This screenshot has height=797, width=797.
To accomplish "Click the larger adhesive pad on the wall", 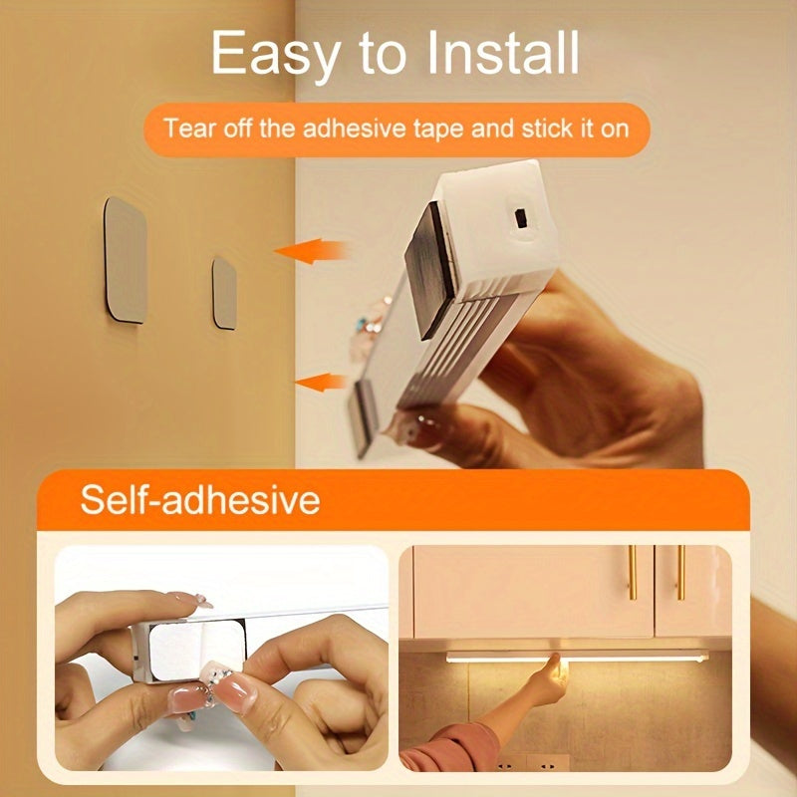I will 126,259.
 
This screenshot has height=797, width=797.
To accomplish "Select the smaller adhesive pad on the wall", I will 225,293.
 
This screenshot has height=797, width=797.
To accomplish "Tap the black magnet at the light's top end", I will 430,253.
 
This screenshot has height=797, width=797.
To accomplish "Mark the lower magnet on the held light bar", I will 365,415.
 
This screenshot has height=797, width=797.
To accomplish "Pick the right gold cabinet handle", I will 680,572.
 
